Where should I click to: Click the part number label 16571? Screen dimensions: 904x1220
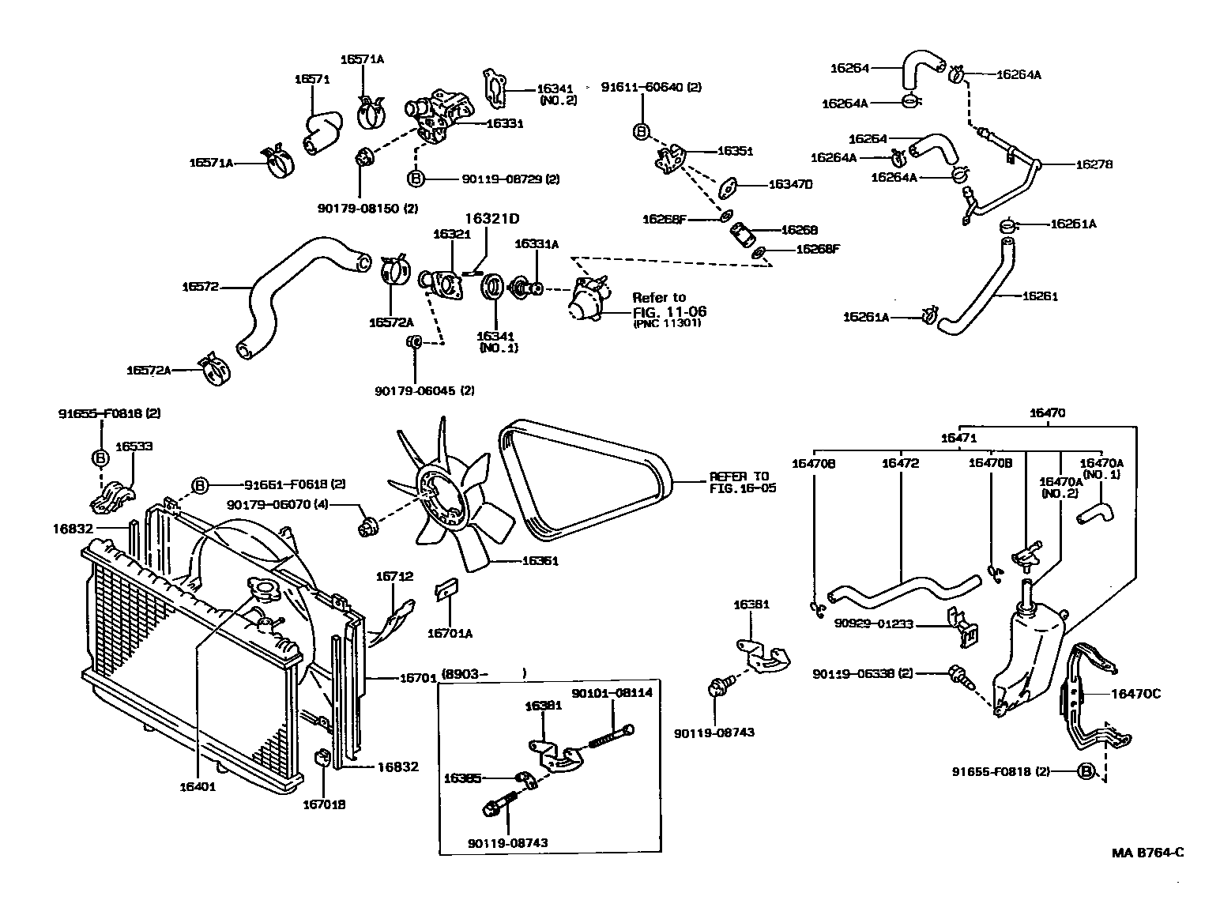(311, 79)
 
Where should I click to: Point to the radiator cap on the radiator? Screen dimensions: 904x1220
(262, 589)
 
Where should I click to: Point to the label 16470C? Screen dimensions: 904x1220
(1135, 694)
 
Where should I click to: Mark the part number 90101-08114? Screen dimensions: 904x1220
(601, 692)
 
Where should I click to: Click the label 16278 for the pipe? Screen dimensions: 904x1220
(1094, 164)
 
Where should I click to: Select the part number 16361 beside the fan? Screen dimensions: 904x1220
(540, 561)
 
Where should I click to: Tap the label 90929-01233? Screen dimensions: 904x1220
(874, 623)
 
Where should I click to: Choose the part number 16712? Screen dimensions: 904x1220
(394, 576)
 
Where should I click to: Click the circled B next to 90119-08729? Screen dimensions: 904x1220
(416, 179)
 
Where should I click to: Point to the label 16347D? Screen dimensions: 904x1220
(790, 184)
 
